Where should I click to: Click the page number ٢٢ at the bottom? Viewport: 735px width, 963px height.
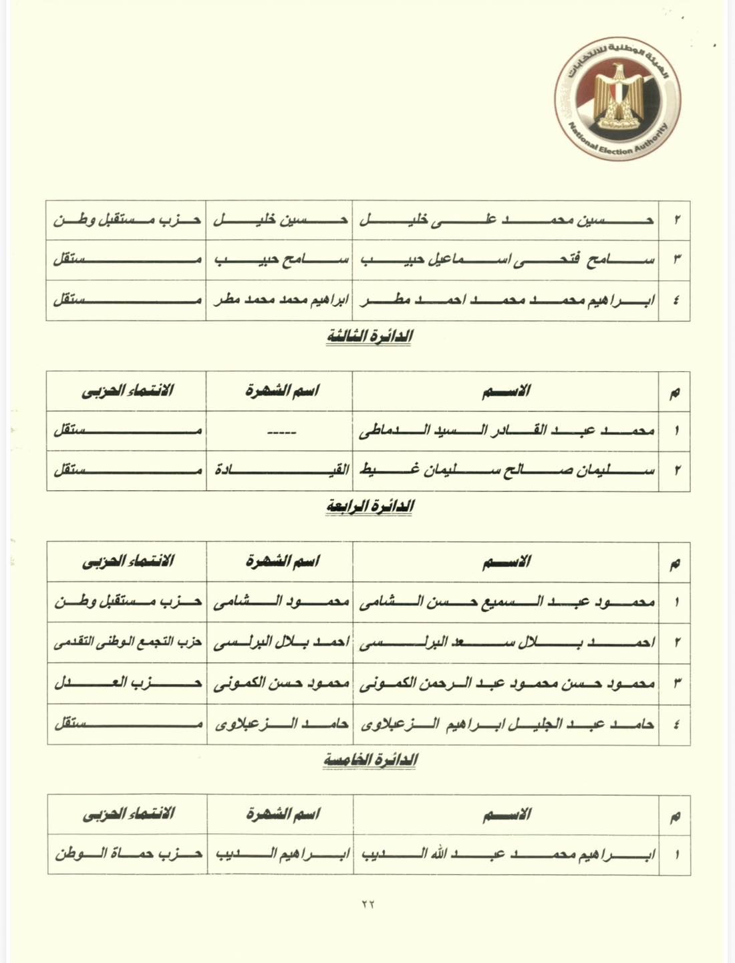pyautogui.click(x=368, y=903)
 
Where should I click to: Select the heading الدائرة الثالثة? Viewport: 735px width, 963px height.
pyautogui.click(x=369, y=336)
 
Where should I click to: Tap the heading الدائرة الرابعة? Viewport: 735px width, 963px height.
pyautogui.click(x=370, y=507)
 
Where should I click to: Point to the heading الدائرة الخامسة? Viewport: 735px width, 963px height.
pyautogui.click(x=370, y=760)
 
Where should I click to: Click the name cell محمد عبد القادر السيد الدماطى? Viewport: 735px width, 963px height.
pyautogui.click(x=506, y=431)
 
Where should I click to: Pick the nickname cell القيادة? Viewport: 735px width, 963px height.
pyautogui.click(x=281, y=470)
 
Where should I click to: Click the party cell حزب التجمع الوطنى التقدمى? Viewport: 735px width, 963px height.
pyautogui.click(x=128, y=643)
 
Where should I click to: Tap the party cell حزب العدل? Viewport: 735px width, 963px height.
pyautogui.click(x=128, y=683)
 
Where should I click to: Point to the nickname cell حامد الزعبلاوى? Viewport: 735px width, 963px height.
pyautogui.click(x=281, y=724)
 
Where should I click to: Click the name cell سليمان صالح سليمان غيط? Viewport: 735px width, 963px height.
pyautogui.click(x=506, y=470)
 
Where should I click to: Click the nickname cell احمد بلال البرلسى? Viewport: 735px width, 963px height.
pyautogui.click(x=281, y=643)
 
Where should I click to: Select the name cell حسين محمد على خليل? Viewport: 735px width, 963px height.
pyautogui.click(x=506, y=220)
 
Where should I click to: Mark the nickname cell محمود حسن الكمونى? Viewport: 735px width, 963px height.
pyautogui.click(x=281, y=683)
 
